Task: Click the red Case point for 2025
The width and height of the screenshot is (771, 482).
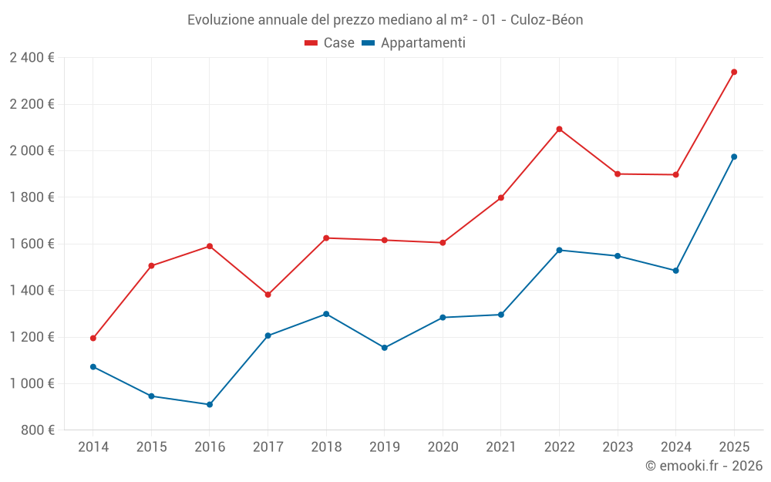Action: (734, 72)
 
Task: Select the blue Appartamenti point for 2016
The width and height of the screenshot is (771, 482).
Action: (210, 405)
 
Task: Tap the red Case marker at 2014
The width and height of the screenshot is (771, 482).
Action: (93, 339)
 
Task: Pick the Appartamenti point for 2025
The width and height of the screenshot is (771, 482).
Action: (734, 157)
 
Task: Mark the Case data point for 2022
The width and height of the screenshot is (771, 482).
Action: (559, 130)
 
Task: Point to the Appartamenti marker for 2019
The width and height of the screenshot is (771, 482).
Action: (385, 348)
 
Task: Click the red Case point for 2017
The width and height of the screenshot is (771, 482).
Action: (268, 295)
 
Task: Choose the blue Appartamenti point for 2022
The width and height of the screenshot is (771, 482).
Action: (559, 251)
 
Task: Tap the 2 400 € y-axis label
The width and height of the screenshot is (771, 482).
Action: (32, 58)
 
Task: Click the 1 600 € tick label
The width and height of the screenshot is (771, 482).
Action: (32, 244)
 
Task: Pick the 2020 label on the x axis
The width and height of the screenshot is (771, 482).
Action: (443, 447)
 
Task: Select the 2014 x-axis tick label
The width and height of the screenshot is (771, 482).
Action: (93, 447)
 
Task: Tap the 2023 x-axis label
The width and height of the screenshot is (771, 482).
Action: (618, 447)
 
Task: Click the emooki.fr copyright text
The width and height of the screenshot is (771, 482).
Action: (704, 466)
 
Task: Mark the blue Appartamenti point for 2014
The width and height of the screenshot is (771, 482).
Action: (93, 367)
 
